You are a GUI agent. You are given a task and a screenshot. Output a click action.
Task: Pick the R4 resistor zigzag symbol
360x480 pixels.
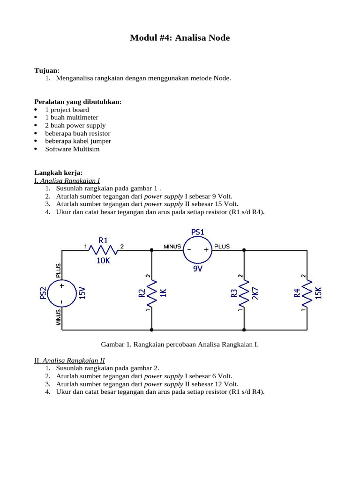tap(306, 293)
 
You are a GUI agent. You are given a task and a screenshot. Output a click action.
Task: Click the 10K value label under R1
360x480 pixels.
tap(103, 261)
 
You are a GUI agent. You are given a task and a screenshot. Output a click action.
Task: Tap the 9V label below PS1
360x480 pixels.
tap(198, 269)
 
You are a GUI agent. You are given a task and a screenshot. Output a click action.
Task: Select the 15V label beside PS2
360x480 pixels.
tap(82, 293)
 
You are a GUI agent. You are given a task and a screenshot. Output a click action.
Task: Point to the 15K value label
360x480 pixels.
tap(319, 293)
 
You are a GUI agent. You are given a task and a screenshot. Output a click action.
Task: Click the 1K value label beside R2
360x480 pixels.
tap(164, 293)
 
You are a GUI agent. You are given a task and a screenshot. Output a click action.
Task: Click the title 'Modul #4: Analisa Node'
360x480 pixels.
tap(180, 38)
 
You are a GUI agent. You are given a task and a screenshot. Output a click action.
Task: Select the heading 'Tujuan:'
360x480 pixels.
tap(47, 70)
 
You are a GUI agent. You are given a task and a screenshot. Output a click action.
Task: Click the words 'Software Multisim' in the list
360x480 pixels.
tap(72, 149)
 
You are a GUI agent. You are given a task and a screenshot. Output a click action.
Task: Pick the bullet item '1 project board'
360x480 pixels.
tap(67, 110)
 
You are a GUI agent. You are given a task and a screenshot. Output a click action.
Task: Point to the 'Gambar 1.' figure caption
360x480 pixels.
tap(180, 345)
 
